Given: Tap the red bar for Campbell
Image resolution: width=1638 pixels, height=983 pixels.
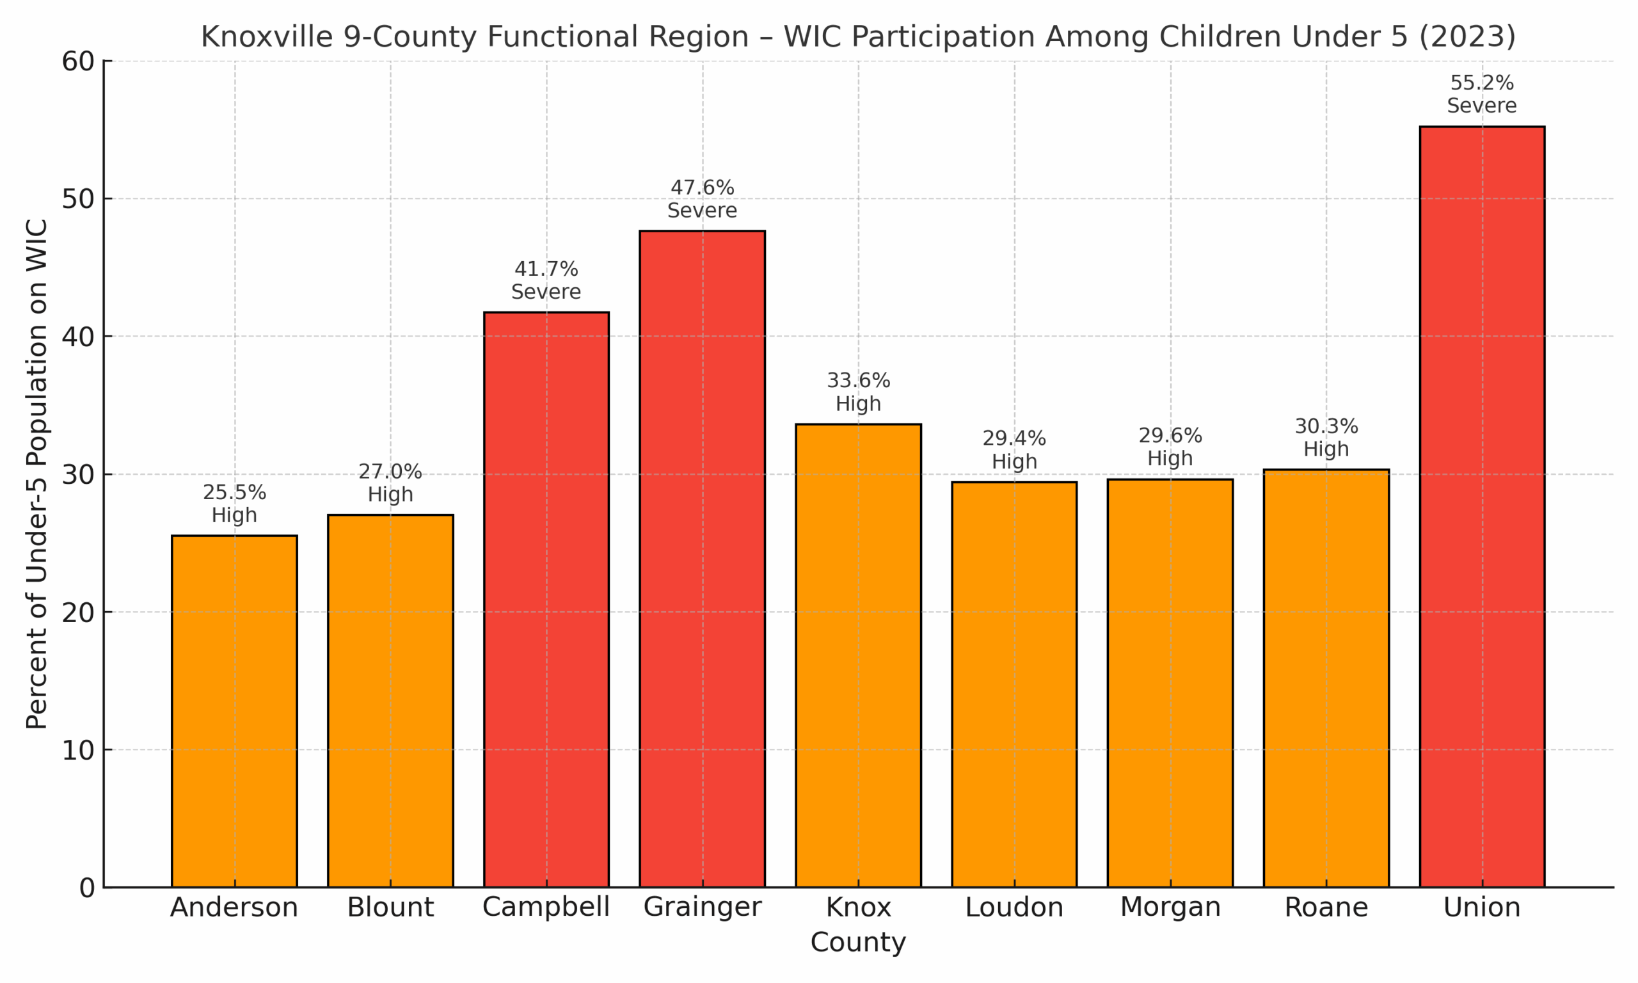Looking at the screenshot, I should [546, 599].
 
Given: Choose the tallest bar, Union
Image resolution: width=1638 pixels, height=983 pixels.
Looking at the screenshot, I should [1482, 506].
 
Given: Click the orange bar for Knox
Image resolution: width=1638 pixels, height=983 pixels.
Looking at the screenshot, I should [858, 655].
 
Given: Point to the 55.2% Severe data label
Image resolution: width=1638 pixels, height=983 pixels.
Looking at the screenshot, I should [1482, 94].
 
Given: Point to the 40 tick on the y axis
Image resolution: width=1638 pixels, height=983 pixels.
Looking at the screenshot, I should [78, 337].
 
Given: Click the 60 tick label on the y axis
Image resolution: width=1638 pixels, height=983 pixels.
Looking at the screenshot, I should [78, 61].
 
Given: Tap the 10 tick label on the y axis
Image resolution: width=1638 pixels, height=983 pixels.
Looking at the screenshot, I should [78, 750].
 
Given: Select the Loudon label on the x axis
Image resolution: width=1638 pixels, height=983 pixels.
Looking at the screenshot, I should [1014, 907].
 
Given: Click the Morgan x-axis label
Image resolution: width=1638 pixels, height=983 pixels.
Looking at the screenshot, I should [1170, 907].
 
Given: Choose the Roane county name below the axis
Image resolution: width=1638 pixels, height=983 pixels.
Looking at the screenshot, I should [1326, 907].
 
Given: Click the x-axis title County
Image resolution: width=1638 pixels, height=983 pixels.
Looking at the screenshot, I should [858, 942].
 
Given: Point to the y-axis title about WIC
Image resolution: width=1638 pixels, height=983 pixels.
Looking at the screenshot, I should [37, 474].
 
